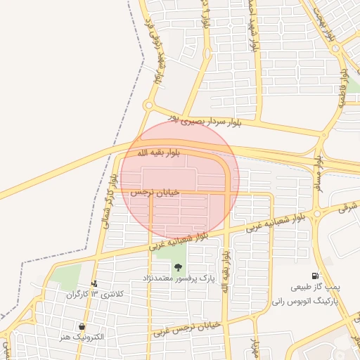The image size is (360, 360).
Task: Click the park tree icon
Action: tap(179, 266)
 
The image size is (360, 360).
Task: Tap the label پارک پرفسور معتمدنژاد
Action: tap(179, 278)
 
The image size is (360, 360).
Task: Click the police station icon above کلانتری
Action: tap(94, 283)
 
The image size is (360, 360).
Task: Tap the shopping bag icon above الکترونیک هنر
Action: tap(82, 327)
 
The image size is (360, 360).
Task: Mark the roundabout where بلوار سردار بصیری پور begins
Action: tap(148, 105)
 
